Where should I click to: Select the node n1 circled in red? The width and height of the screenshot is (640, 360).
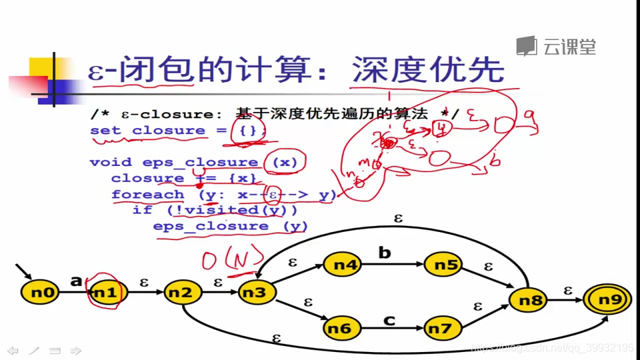pyautogui.click(x=105, y=292)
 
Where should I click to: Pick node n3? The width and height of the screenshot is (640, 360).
pyautogui.click(x=253, y=292)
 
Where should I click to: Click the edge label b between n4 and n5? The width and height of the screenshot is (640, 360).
pyautogui.click(x=385, y=253)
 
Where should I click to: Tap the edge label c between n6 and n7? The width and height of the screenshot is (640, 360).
pyautogui.click(x=389, y=320)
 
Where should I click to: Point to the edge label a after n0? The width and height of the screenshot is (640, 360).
pyautogui.click(x=76, y=281)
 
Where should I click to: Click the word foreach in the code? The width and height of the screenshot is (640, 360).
pyautogui.click(x=147, y=194)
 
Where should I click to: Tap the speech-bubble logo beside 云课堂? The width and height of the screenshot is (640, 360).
pyautogui.click(x=527, y=46)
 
